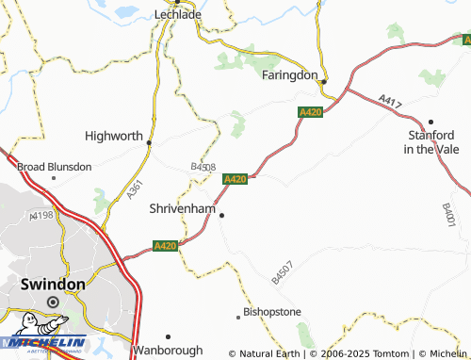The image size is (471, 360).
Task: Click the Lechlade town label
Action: click(176, 16)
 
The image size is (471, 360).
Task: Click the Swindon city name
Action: click(53, 284)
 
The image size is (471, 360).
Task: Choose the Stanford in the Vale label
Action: click(430, 142)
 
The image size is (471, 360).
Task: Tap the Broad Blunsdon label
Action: click(55, 167)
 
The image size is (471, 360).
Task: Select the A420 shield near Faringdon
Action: click(311, 112)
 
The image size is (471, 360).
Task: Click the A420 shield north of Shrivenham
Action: click(235, 178)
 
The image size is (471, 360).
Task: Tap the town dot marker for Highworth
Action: click(149, 142)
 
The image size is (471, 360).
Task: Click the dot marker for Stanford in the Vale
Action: click(430, 122)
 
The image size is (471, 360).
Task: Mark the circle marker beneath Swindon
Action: click(53, 302)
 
